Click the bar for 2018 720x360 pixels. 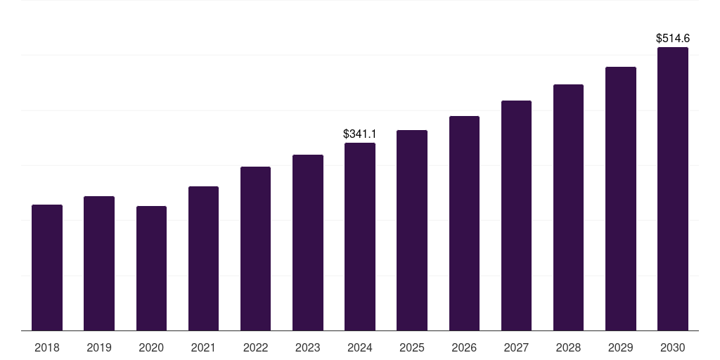(x=47, y=267)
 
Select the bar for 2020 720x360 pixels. (x=151, y=268)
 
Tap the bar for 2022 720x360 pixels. (x=255, y=248)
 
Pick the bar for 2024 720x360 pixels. (x=360, y=236)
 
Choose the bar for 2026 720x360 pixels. (x=464, y=223)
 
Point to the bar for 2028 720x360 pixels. (x=568, y=207)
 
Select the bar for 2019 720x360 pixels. (x=99, y=263)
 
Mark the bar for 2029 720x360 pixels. (x=621, y=198)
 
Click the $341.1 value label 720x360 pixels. (x=360, y=134)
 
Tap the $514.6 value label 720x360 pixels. (x=673, y=38)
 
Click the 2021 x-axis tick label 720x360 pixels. (x=203, y=347)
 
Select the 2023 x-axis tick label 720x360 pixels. (x=308, y=347)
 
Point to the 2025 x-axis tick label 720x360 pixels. (x=412, y=347)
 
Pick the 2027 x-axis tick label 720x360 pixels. (x=516, y=347)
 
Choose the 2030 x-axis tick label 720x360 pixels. (x=673, y=347)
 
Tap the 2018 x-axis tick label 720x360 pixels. (x=47, y=347)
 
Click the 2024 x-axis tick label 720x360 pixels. (x=360, y=347)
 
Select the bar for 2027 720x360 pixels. (x=516, y=215)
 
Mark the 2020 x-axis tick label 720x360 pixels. (x=151, y=347)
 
